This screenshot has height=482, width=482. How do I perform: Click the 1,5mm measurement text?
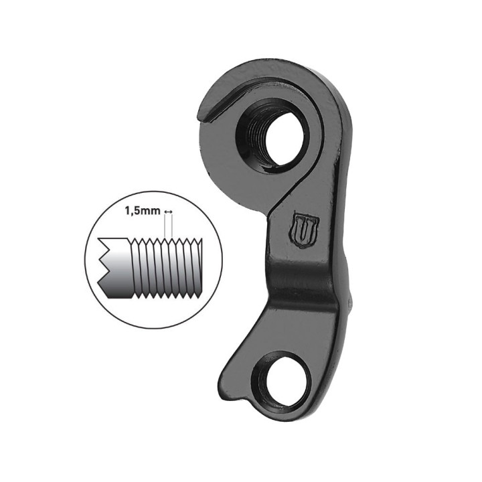coord(141,211)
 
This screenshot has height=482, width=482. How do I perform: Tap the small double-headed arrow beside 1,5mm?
coord(168,212)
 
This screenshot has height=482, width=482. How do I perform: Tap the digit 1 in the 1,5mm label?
coord(126,211)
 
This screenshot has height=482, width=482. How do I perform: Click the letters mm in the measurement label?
coord(151,211)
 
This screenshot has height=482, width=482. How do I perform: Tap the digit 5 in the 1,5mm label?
coord(136,211)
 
